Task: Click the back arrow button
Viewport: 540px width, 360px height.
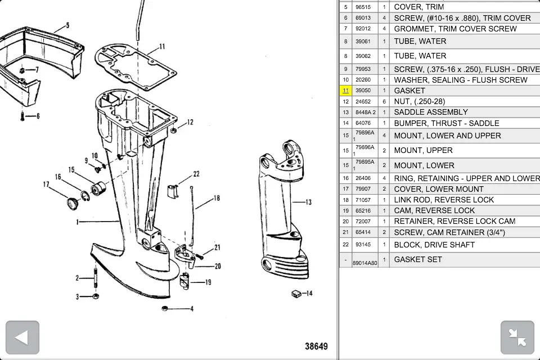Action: (x=22, y=337)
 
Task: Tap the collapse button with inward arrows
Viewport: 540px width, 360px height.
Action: (x=517, y=337)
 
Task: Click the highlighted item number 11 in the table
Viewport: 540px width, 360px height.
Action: (x=345, y=91)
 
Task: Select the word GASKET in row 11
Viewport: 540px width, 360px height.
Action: (x=409, y=91)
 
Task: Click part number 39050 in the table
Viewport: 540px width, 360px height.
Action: (x=363, y=91)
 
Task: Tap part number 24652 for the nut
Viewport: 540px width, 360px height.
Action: (x=363, y=101)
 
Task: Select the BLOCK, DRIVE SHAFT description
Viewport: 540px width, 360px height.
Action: (x=434, y=245)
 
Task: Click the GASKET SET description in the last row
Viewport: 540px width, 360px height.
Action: (x=418, y=259)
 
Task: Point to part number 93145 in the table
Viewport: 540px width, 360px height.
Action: (x=363, y=245)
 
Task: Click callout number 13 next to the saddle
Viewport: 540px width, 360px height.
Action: (x=308, y=202)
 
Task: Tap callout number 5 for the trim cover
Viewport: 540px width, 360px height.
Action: (x=67, y=25)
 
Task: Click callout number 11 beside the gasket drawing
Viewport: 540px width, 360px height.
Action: (x=162, y=47)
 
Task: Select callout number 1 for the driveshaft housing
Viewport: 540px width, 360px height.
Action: (x=78, y=222)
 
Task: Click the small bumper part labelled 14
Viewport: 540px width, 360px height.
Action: (x=297, y=293)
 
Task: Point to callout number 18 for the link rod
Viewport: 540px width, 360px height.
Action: (x=216, y=198)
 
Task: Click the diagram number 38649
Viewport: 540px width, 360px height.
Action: (x=316, y=346)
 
